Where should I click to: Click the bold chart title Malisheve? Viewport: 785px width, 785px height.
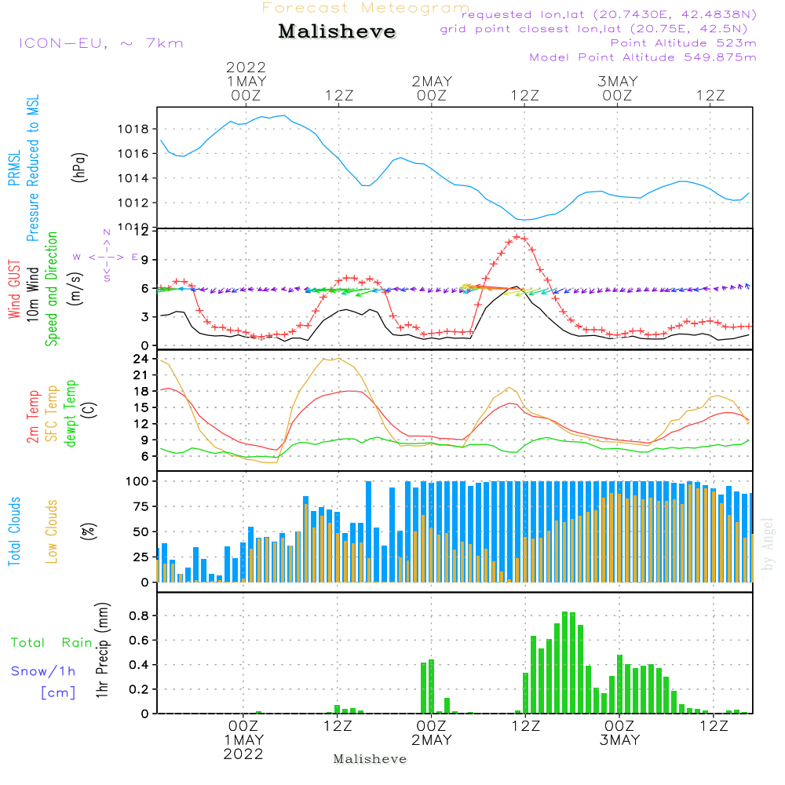click(x=337, y=32)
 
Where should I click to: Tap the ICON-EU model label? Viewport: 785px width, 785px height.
click(x=100, y=43)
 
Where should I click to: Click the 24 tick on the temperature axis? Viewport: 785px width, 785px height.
click(x=141, y=359)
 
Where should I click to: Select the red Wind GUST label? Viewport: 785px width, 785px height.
click(x=14, y=291)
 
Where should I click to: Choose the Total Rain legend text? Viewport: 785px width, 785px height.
click(x=52, y=643)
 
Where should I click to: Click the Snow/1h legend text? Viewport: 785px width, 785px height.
click(x=44, y=671)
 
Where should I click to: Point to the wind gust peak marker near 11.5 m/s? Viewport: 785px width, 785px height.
click(x=517, y=236)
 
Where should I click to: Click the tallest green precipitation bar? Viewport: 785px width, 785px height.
click(x=565, y=662)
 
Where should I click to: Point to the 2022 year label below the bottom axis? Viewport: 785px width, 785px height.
click(x=243, y=754)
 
